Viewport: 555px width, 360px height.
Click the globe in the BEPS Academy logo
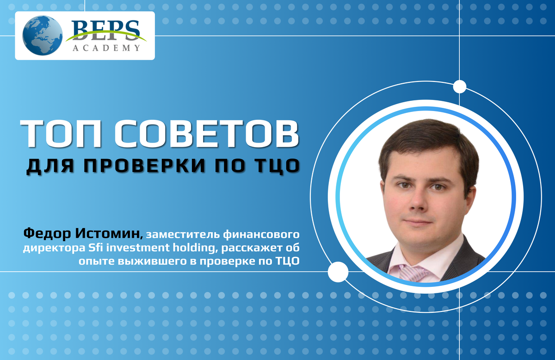(43, 36)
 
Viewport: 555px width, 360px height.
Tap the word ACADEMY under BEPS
(106, 48)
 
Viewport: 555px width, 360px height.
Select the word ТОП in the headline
(61, 134)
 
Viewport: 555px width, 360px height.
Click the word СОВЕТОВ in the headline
(207, 134)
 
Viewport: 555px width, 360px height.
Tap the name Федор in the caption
(47, 234)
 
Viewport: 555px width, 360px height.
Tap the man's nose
(418, 201)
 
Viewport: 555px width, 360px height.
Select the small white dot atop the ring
(460, 87)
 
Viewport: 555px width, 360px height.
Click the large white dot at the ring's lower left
(338, 272)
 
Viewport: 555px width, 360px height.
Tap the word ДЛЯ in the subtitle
(50, 166)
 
